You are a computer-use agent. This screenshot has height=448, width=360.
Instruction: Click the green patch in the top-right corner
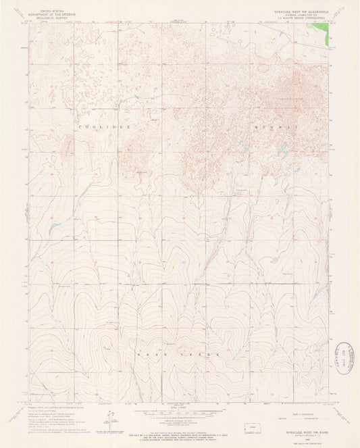tap(330, 34)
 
